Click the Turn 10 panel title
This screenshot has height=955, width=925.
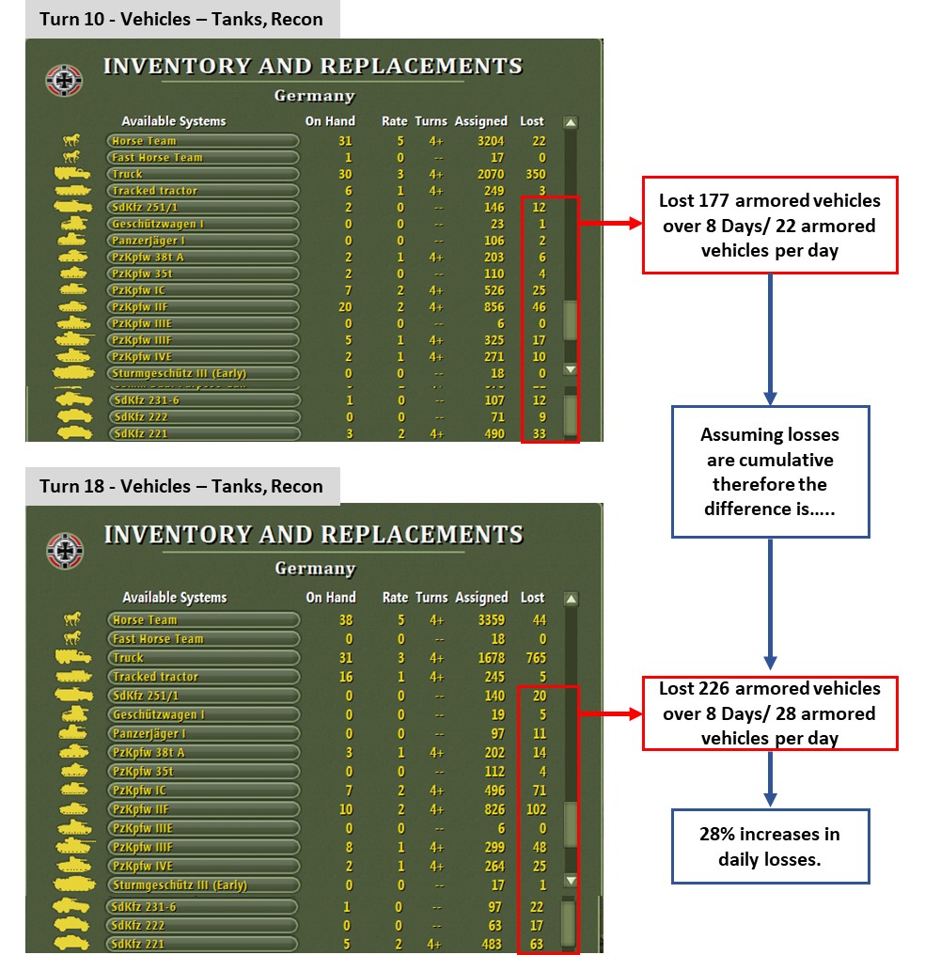point(181,19)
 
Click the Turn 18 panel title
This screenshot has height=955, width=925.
point(181,486)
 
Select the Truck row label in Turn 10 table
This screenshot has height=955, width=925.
point(128,174)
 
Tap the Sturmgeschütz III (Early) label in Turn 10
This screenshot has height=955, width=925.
point(179,373)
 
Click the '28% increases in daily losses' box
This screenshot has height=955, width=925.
point(770,846)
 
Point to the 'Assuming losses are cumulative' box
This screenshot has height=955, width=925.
point(770,472)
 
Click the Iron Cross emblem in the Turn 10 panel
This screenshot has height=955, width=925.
point(65,80)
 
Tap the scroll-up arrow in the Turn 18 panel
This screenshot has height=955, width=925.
point(570,598)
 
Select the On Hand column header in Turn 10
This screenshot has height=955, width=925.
point(330,121)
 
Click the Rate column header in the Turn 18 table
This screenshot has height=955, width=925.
point(395,598)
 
